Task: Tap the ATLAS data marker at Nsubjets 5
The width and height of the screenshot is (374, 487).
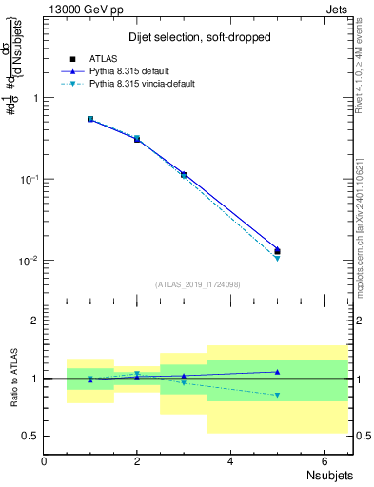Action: [x=277, y=251]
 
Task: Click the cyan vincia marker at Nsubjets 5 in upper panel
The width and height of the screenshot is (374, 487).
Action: [x=277, y=258]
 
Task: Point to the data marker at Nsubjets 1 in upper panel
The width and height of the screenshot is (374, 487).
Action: [x=90, y=120]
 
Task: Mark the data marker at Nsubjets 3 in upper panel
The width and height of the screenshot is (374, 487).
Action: [x=184, y=175]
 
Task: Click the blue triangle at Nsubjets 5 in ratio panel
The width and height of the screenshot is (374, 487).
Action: [x=277, y=372]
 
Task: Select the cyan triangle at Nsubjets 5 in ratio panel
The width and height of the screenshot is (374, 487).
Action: [x=277, y=395]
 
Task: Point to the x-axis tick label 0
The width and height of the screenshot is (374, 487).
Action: [x=44, y=461]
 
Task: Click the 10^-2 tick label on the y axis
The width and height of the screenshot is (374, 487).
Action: [x=29, y=261]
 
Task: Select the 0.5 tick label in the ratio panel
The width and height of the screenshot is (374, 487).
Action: [x=30, y=436]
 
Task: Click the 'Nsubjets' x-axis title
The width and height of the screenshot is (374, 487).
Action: [x=331, y=476]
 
